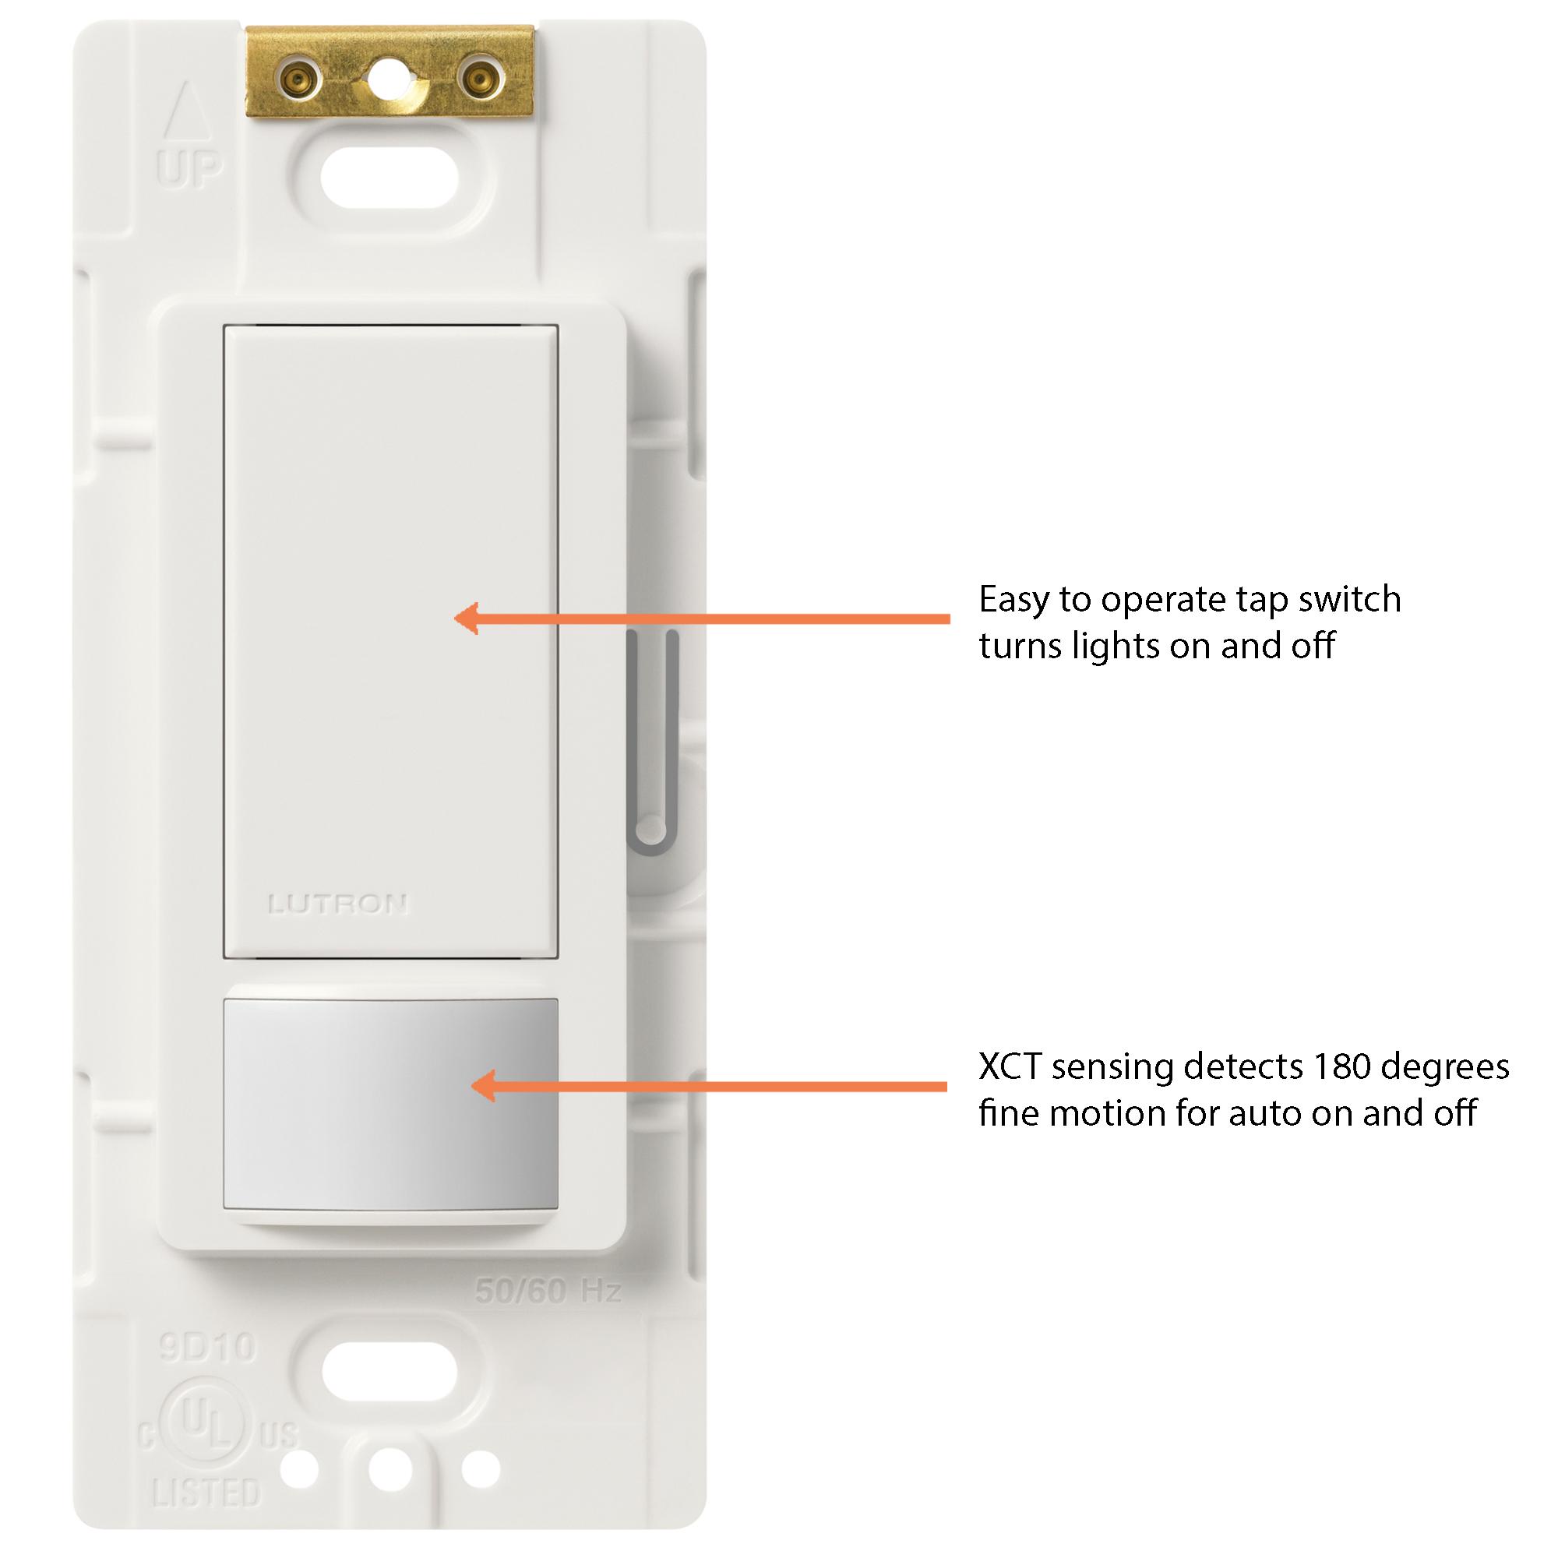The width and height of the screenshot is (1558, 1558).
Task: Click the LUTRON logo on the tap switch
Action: pos(338,904)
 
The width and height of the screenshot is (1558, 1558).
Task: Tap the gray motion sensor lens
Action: pos(390,1104)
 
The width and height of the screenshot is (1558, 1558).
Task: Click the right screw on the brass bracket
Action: pos(478,79)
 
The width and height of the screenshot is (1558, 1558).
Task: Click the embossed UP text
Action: pos(190,170)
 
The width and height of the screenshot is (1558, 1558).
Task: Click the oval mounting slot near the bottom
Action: pos(389,1372)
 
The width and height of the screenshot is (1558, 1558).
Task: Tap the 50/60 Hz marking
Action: pos(548,1292)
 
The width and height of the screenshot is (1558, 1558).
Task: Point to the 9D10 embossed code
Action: pos(207,1348)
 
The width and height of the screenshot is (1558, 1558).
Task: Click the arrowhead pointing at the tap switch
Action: pos(465,619)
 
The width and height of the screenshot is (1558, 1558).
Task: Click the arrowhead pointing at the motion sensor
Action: pos(481,1085)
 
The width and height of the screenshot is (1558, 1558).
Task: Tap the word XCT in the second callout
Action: pos(1011,1067)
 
